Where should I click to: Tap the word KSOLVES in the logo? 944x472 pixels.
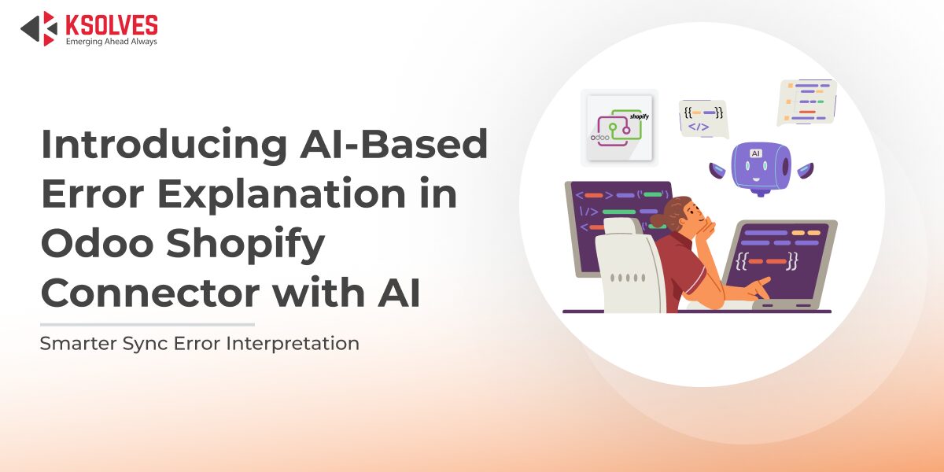[x=111, y=24]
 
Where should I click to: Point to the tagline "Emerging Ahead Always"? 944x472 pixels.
[x=111, y=42]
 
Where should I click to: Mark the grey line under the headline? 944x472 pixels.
[x=147, y=324]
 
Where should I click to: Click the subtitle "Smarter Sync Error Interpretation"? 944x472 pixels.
[x=200, y=344]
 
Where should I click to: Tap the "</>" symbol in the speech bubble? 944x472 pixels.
[x=698, y=126]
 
